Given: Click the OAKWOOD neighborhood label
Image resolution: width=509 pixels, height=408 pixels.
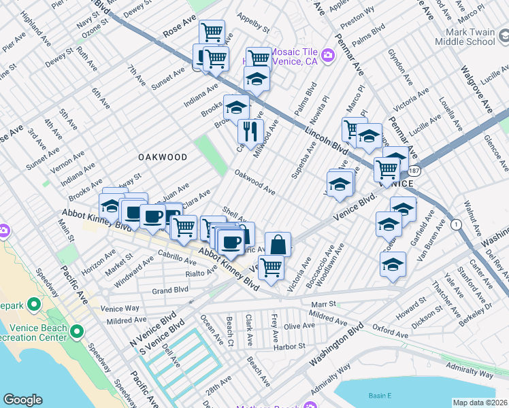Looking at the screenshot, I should coord(163,157).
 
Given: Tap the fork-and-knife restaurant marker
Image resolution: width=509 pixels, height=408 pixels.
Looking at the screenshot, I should coord(250,131).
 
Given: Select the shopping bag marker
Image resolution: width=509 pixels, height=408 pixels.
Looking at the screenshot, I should coord(278,244).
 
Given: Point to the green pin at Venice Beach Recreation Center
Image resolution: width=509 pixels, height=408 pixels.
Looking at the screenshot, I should coord(77,333).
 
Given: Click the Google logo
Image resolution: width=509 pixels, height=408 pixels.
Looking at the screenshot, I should coord(22,400).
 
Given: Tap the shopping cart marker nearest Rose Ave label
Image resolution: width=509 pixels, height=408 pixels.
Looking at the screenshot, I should coord(212,31).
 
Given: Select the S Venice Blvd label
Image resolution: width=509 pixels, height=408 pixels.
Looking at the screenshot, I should coord(154,339).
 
